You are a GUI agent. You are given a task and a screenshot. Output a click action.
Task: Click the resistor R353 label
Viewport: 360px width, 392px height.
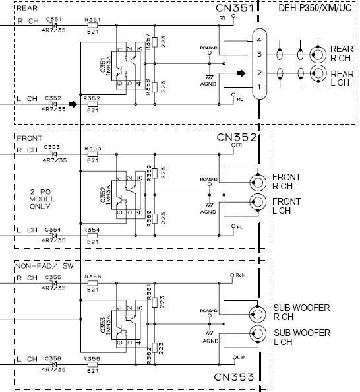(92, 149)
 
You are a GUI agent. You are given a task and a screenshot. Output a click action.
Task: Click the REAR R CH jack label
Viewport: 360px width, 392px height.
(341, 53)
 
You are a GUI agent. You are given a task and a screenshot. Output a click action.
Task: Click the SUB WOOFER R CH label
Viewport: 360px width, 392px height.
(302, 312)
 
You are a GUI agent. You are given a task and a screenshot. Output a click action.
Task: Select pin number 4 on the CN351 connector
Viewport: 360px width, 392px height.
(260, 41)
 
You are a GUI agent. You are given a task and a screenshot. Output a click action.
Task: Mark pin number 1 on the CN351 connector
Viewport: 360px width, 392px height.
(260, 87)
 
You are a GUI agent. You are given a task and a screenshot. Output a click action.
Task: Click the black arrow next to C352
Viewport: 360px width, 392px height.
(73, 104)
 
